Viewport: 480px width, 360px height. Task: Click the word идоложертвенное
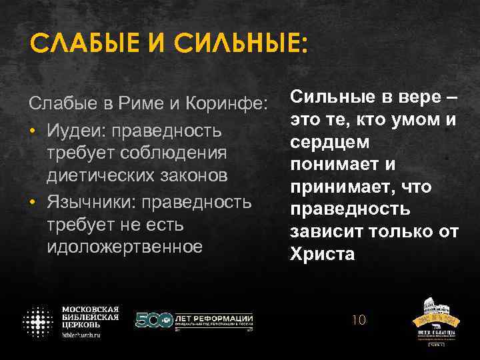click(x=125, y=247)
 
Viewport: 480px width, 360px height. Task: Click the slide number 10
click(x=359, y=320)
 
